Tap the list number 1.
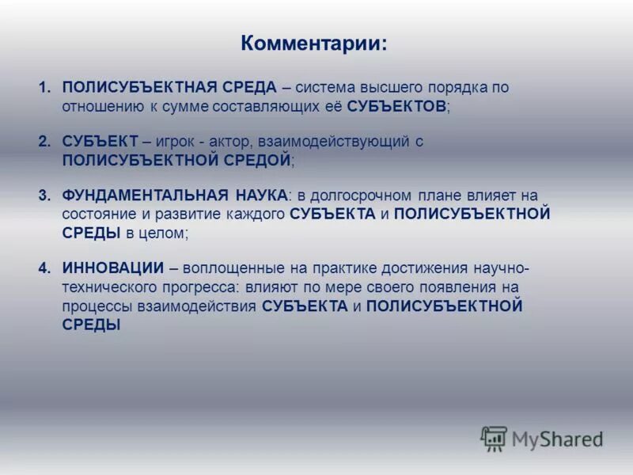[44, 87]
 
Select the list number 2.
[44, 142]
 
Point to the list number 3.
[44, 196]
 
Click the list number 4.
[44, 268]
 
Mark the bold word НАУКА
[257, 196]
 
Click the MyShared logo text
[558, 438]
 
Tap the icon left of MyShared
[494, 439]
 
